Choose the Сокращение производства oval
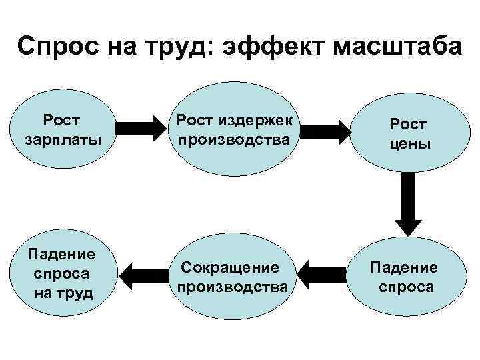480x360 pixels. click(233, 277)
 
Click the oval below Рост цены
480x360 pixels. click(404, 277)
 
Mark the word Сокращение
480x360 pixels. click(230, 267)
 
